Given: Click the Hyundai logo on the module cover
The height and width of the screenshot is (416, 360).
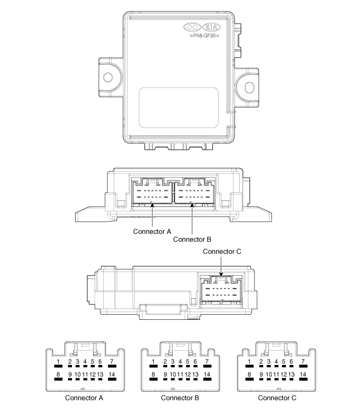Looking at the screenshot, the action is (192, 27).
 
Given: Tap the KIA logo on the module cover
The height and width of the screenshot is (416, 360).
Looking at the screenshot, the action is (211, 27).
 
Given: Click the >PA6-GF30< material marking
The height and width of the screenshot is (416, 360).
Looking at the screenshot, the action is (204, 35).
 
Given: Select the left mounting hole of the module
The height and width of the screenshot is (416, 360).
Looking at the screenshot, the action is (108, 77).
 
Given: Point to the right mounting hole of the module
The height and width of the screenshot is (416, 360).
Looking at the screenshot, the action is (249, 87).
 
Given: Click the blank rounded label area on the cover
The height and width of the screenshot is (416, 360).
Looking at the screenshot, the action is (179, 107).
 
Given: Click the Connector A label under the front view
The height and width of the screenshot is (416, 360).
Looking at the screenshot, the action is (152, 231).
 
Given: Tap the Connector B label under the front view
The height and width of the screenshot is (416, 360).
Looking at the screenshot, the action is (192, 239).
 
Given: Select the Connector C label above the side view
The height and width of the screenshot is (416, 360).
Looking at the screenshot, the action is (222, 251).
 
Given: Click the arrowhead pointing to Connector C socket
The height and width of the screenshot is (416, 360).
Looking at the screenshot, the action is (221, 275).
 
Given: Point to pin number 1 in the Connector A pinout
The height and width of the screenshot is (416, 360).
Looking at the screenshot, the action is (58, 361).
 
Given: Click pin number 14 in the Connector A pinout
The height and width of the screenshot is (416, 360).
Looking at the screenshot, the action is (112, 374).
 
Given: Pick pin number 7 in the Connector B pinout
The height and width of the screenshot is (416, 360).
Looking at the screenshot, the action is (207, 361).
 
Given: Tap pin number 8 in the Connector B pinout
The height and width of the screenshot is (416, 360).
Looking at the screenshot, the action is (153, 374).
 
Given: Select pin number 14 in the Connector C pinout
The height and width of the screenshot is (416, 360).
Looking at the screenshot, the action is (303, 374).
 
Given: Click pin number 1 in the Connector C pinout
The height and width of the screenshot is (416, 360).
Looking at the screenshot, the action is (249, 361).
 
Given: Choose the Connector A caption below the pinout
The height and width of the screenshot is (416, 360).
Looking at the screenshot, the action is (84, 398).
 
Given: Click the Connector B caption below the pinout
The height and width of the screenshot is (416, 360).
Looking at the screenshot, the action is (180, 398).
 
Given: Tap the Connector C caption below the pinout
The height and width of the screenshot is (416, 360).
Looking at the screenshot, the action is (277, 398).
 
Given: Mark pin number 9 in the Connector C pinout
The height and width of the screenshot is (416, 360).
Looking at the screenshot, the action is (261, 374).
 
